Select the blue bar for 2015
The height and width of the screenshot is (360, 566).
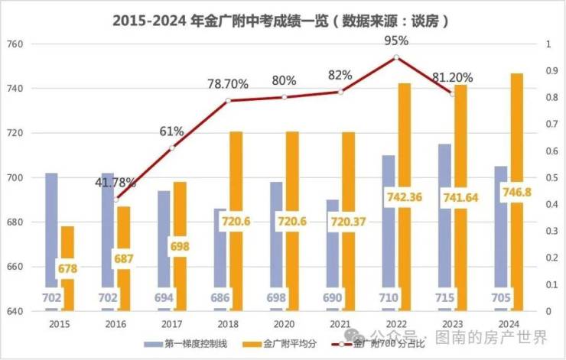point(51,229)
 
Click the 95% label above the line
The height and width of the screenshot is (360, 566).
point(396,41)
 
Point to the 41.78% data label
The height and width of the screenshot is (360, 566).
point(115,183)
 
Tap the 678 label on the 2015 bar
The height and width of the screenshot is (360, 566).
point(67,269)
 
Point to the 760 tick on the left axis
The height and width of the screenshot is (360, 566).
point(17,44)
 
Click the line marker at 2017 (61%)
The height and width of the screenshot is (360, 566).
point(172,148)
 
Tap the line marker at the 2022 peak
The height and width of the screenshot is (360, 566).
point(396,57)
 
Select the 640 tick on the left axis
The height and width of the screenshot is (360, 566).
point(17,312)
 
